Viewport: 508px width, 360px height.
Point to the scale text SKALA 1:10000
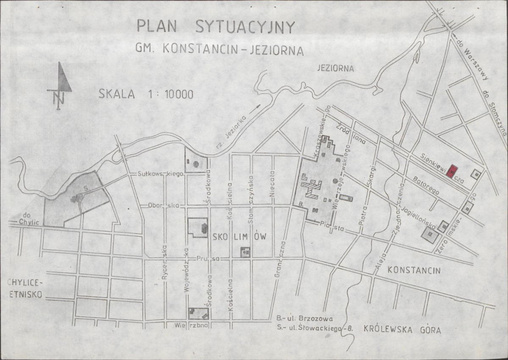(x=146, y=94)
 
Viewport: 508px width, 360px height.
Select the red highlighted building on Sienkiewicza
(x=453, y=170)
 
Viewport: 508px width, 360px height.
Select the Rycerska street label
(x=166, y=263)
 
